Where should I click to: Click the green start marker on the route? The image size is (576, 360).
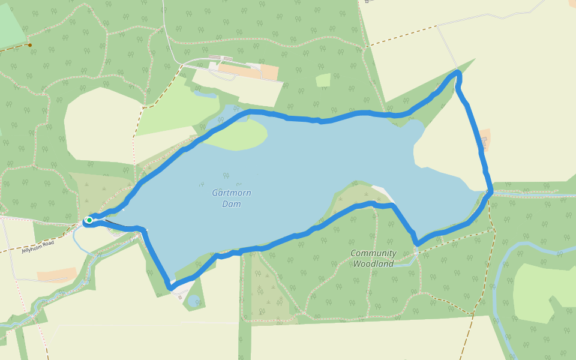pyautogui.click(x=89, y=220)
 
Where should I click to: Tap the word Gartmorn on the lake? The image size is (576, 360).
pyautogui.click(x=232, y=193)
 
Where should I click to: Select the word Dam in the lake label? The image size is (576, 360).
pyautogui.click(x=232, y=204)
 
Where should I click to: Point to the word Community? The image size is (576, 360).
pyautogui.click(x=373, y=253)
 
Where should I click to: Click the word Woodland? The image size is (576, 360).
pyautogui.click(x=373, y=264)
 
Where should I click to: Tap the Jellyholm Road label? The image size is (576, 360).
pyautogui.click(x=38, y=247)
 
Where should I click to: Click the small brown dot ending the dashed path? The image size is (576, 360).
pyautogui.click(x=29, y=44)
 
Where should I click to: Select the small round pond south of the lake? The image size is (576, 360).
pyautogui.click(x=193, y=302)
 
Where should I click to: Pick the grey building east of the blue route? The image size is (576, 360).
pyautogui.click(x=483, y=141)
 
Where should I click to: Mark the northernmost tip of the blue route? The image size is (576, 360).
pyautogui.click(x=458, y=72)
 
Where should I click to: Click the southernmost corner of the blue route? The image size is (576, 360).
pyautogui.click(x=171, y=289)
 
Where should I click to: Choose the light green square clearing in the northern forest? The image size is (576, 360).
pyautogui.click(x=323, y=80)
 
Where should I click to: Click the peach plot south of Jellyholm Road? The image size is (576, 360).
pyautogui.click(x=56, y=274)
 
